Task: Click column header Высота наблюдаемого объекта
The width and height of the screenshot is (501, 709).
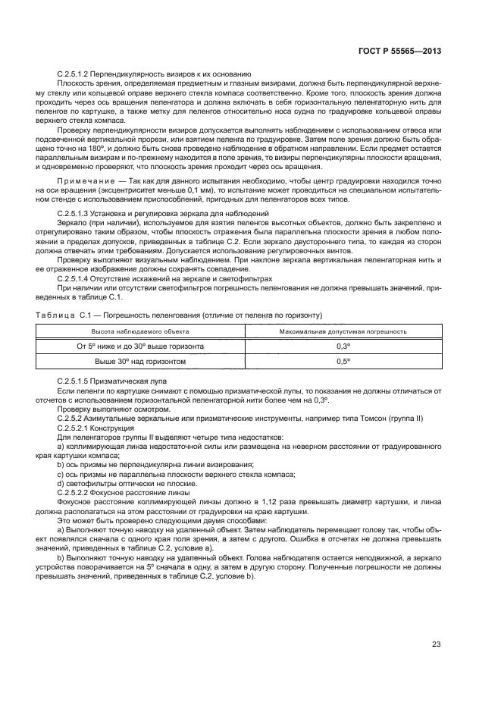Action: (140, 331)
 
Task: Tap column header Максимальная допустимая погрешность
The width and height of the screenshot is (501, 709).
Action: (343, 331)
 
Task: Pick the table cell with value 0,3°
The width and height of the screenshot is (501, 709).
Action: (343, 346)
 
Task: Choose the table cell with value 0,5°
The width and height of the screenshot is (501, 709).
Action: (343, 362)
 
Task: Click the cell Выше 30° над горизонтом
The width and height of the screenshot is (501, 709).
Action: (141, 362)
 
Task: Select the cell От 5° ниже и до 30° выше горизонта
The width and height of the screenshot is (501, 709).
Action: (141, 346)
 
